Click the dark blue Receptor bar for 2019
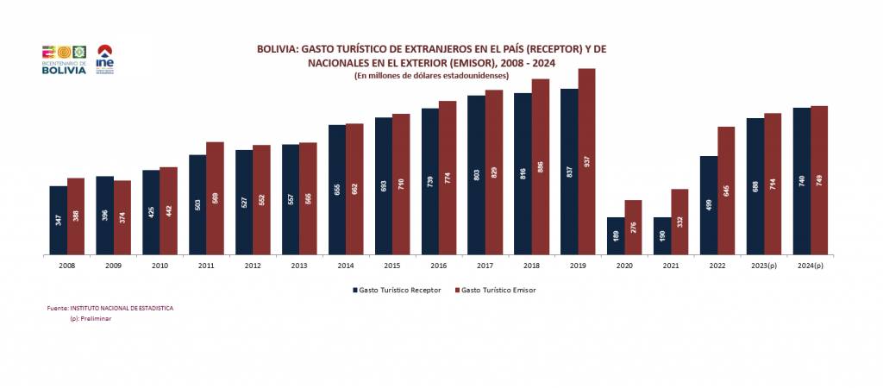(569, 172)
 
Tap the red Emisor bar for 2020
(633, 228)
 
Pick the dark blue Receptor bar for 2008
(59, 220)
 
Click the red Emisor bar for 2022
(726, 191)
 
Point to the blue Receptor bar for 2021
(662, 235)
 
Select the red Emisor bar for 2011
(215, 198)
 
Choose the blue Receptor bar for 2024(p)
(802, 181)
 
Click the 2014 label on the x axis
(346, 267)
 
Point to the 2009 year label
(113, 267)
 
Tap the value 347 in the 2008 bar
(59, 220)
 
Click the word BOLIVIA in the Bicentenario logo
(64, 70)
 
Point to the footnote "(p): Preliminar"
(91, 318)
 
